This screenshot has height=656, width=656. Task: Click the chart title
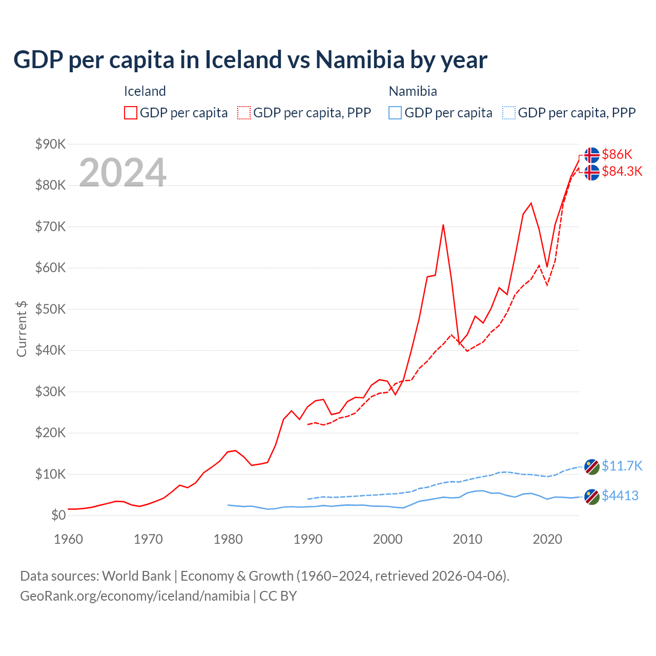click(250, 60)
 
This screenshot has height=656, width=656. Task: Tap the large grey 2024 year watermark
click(122, 173)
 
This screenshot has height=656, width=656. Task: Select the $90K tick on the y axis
click(50, 144)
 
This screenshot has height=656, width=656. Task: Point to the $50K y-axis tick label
click(50, 309)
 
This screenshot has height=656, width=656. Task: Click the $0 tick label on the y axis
click(58, 515)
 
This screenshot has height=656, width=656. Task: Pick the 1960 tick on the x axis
click(68, 539)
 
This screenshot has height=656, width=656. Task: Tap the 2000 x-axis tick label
click(387, 539)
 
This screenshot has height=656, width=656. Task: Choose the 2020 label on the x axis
click(547, 539)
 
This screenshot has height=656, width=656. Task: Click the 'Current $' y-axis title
click(22, 329)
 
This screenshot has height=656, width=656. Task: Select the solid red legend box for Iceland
click(131, 113)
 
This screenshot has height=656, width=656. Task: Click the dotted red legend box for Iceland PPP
click(244, 113)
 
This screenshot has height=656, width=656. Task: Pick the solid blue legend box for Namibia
click(395, 113)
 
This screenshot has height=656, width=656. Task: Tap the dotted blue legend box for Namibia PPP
click(509, 113)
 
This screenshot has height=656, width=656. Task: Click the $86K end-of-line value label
click(617, 154)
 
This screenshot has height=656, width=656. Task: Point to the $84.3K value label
click(622, 171)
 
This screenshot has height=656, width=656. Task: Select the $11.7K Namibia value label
click(622, 466)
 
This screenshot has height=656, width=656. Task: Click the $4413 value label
click(620, 496)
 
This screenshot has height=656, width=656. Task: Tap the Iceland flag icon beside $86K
click(592, 155)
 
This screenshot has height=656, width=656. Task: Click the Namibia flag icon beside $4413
click(592, 497)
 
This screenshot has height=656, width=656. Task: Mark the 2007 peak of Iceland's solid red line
click(443, 225)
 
